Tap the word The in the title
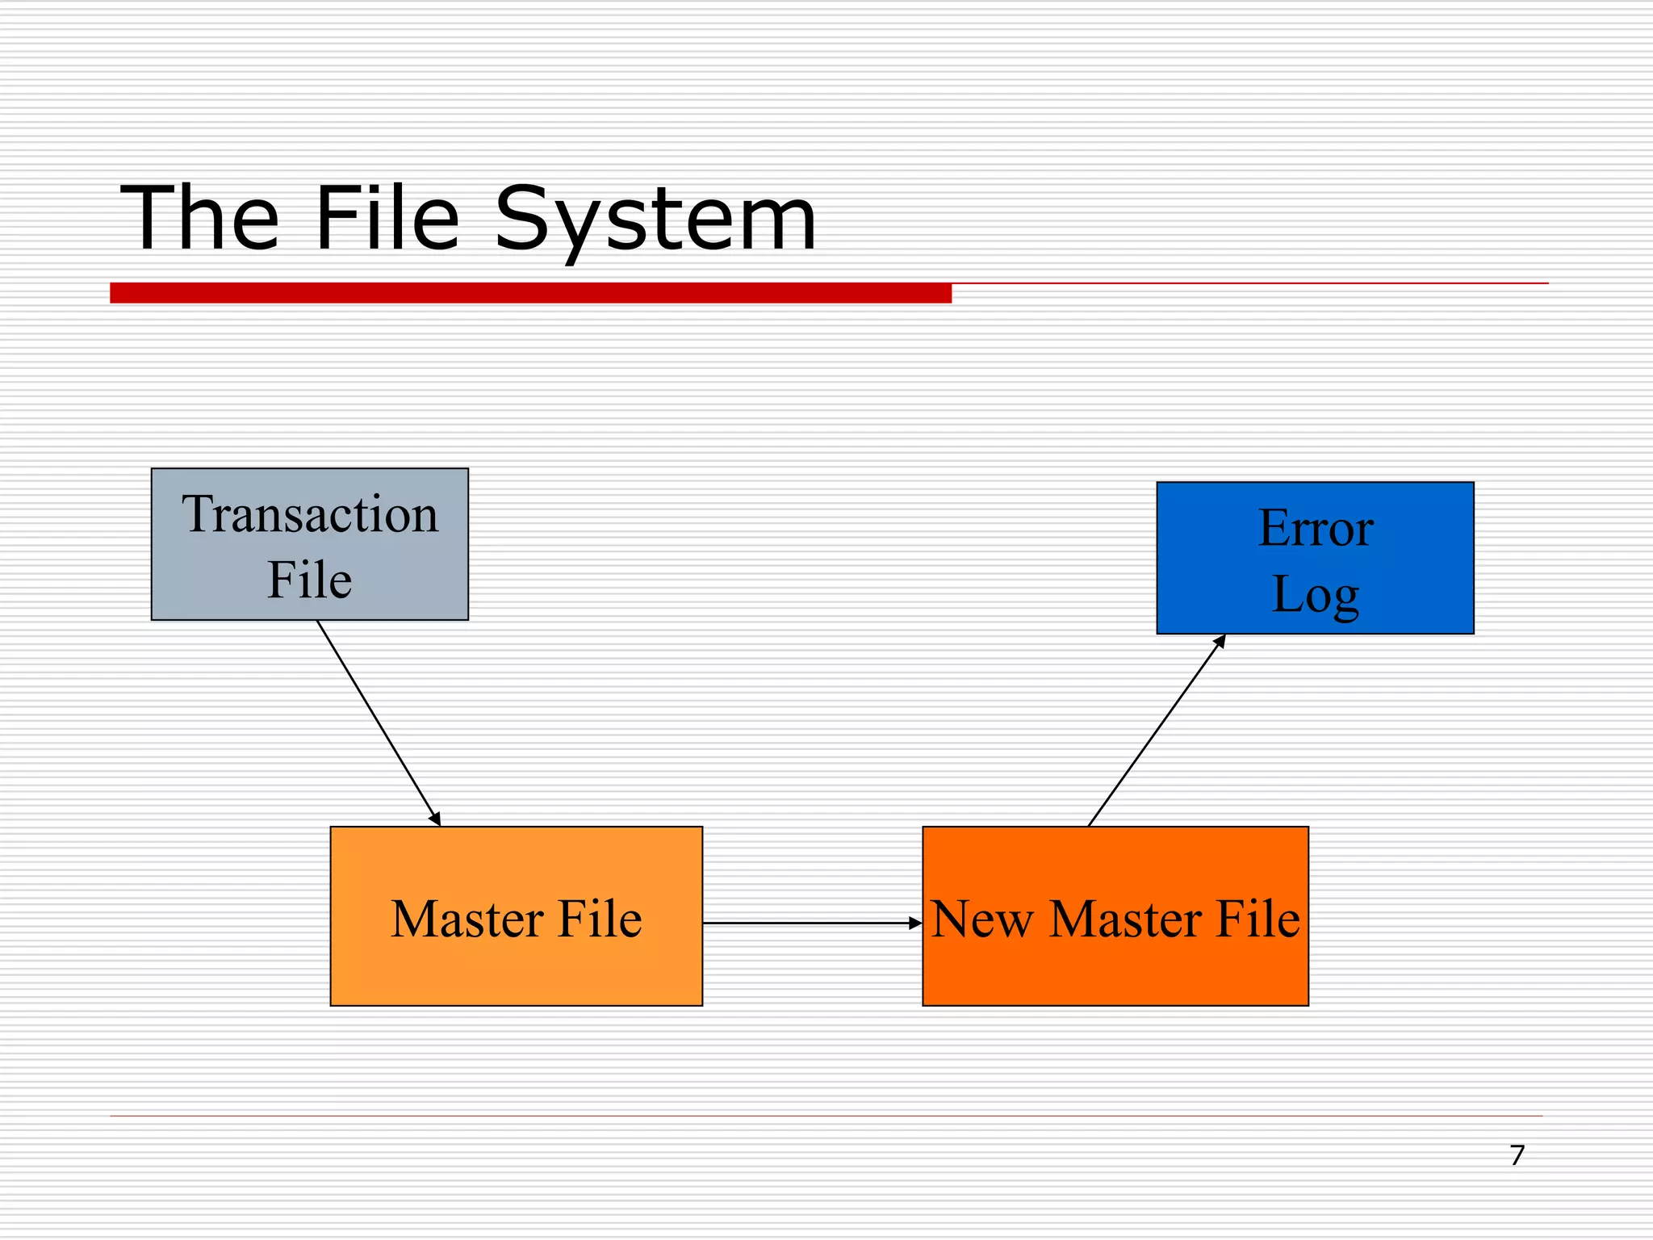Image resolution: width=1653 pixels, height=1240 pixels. coord(200,218)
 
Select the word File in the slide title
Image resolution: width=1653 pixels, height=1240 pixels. coord(387,218)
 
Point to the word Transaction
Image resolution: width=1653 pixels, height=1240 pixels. coord(310,514)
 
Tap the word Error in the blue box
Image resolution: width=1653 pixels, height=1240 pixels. coord(1316,529)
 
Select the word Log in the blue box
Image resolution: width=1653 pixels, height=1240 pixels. coord(1316,596)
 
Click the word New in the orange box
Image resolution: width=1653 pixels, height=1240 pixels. coord(981,920)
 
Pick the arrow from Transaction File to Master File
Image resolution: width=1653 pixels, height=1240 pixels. coord(378,722)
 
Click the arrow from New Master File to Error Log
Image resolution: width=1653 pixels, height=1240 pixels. coord(1156,731)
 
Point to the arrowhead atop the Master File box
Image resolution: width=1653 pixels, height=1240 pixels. coord(436,819)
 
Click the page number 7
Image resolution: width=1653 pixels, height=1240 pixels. coord(1517,1155)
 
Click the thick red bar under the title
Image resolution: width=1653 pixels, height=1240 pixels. coord(530,293)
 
